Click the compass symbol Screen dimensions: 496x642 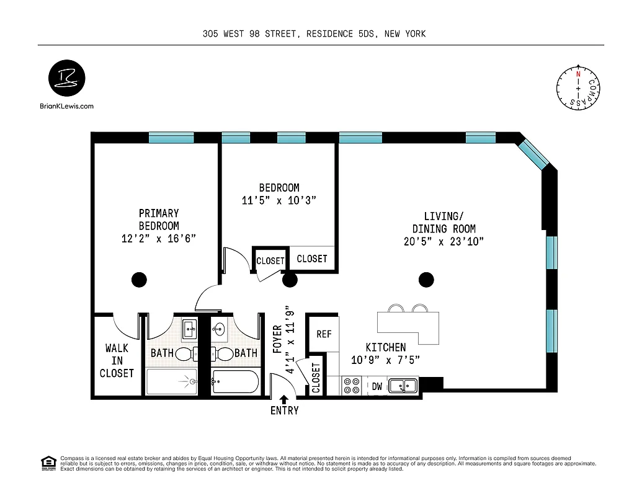point(578,89)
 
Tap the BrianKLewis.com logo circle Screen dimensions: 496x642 point(67,79)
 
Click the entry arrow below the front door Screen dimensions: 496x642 point(284,400)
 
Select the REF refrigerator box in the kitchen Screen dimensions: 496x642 point(324,334)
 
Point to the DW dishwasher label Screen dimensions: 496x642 point(377,386)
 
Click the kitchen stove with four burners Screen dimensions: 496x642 point(352,386)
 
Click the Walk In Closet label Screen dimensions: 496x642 point(117,361)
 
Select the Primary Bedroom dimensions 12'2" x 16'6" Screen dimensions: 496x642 point(159,239)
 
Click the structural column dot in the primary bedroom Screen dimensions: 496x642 point(139,280)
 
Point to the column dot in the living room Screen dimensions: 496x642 point(426,280)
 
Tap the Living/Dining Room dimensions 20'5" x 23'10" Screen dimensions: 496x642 point(444,241)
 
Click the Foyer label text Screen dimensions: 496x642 point(277,339)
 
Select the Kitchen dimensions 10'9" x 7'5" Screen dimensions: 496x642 point(385,360)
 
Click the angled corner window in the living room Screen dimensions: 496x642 point(533,154)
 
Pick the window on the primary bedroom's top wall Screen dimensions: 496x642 point(171,138)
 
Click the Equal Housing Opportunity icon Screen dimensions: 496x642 point(48,463)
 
